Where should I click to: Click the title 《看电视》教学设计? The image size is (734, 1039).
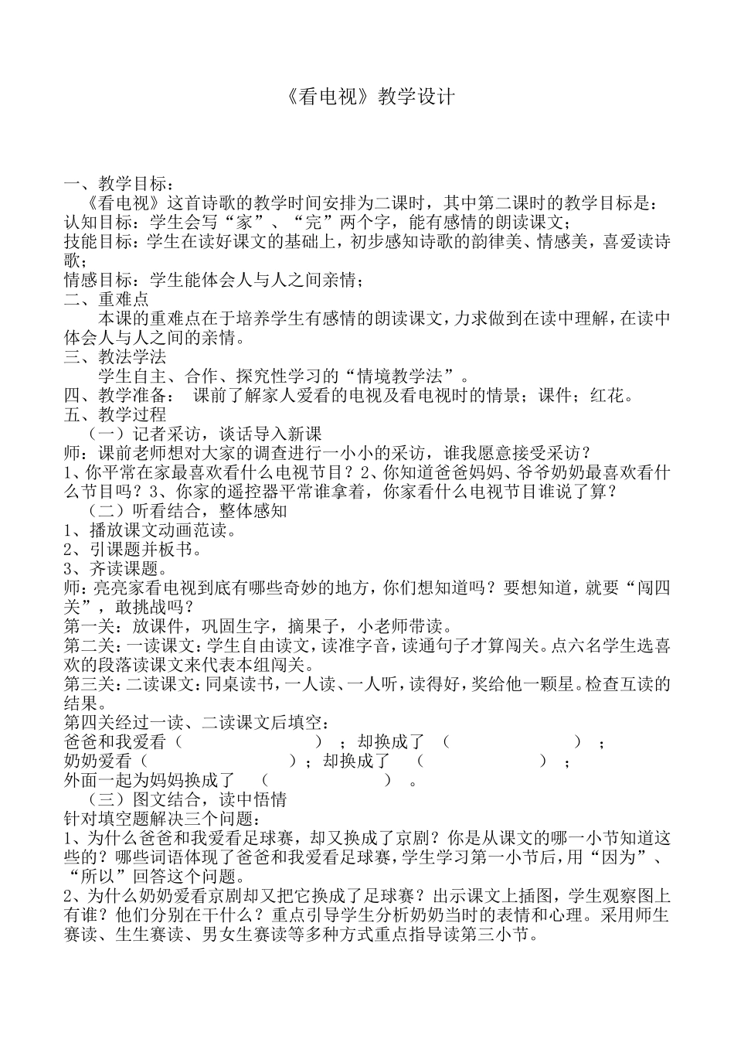pyautogui.click(x=366, y=97)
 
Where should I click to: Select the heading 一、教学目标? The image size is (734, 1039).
pyautogui.click(x=116, y=185)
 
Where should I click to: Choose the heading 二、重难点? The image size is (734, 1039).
pyautogui.click(x=107, y=299)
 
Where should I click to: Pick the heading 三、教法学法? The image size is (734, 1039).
pyautogui.click(x=116, y=356)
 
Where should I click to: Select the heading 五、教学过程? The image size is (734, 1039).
pyautogui.click(x=116, y=414)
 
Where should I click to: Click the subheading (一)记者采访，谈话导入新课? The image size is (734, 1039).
pyautogui.click(x=206, y=433)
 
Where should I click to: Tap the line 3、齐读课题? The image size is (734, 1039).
pyautogui.click(x=116, y=568)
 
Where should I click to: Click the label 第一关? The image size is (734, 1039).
pyautogui.click(x=90, y=626)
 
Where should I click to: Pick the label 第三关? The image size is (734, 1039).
pyautogui.click(x=90, y=684)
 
